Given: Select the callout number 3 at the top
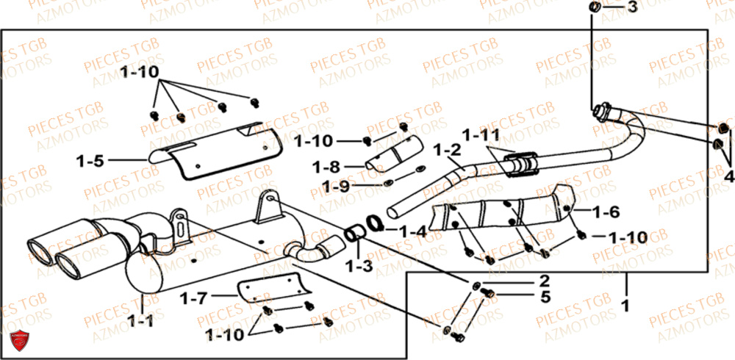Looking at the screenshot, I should click(x=633, y=8).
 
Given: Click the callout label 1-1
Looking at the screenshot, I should click(x=140, y=320).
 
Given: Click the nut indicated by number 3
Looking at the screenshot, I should click(x=595, y=8).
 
